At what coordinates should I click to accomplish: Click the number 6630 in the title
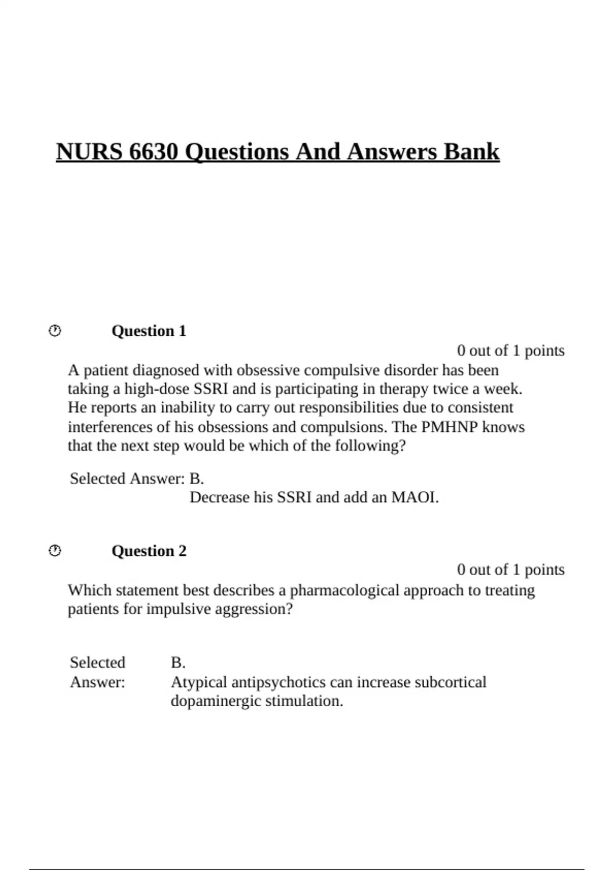(153, 152)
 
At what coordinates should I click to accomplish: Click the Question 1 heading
(149, 331)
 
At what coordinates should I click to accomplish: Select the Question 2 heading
(149, 551)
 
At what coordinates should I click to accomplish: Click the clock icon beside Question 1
(55, 331)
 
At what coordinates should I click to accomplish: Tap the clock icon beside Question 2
(55, 551)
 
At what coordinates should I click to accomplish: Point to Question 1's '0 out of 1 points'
(511, 351)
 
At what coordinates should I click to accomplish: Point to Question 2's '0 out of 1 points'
(511, 570)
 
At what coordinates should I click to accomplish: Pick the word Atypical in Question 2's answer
(199, 682)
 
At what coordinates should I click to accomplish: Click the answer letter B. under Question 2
(178, 663)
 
